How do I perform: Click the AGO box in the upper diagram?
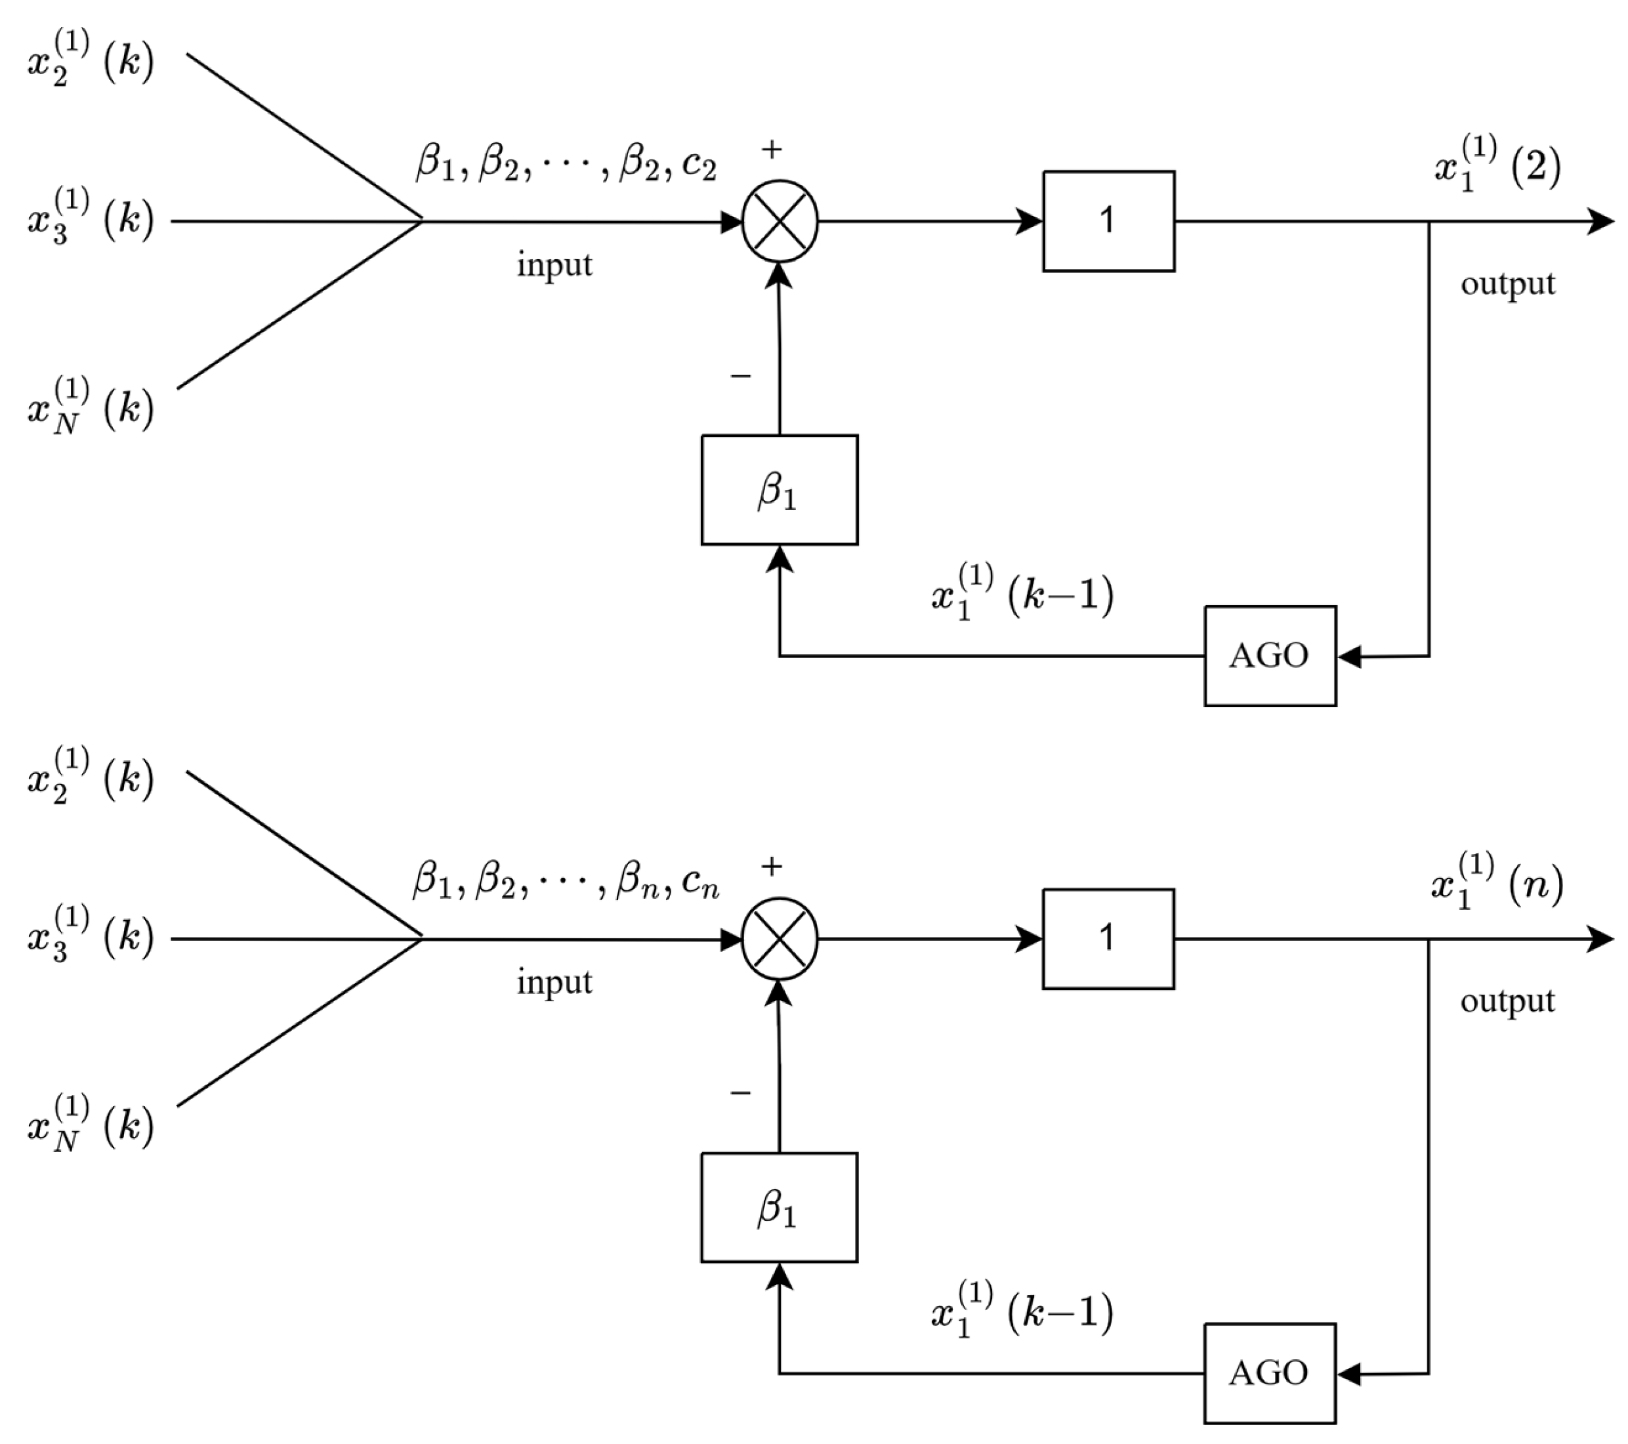coord(1270,655)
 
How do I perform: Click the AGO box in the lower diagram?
coord(1270,1373)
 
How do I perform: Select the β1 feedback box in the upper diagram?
coord(779,490)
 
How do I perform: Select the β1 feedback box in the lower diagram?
coord(779,1207)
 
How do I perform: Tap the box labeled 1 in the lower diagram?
coord(1108,938)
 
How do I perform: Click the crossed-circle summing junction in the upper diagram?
coord(780,221)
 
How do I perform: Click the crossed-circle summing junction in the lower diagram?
coord(780,939)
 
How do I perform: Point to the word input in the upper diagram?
coord(554,264)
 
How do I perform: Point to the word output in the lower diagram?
coord(1507,1001)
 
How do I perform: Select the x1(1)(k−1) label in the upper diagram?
coord(1022,592)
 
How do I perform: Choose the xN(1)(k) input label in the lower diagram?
coord(89,1124)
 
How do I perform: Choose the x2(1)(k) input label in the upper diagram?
coord(89,59)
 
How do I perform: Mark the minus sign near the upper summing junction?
coord(741,375)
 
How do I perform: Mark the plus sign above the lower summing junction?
coord(771,866)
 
